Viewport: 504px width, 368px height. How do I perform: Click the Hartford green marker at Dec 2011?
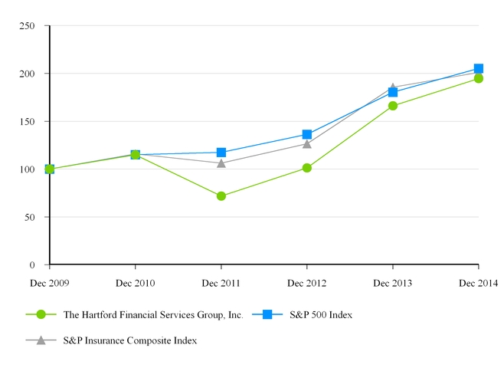(221, 196)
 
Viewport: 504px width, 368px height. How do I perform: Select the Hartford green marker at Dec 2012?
(307, 168)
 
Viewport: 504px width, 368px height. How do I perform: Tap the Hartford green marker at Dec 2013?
(393, 106)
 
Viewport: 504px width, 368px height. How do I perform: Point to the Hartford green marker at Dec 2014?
(479, 78)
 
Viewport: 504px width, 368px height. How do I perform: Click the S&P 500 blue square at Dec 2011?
(221, 153)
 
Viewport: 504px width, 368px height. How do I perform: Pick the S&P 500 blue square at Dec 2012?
(307, 135)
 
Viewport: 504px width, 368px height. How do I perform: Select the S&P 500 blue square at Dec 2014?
(479, 68)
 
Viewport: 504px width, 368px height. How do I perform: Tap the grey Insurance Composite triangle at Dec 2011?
(221, 163)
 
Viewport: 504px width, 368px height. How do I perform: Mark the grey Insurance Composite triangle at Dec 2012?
(307, 143)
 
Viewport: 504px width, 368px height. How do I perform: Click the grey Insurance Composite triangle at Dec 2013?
(393, 87)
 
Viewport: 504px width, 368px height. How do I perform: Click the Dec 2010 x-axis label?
(136, 284)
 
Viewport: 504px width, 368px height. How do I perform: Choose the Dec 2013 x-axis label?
(393, 284)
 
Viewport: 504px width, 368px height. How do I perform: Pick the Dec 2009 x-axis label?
(49, 284)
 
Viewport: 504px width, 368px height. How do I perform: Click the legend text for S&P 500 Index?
(322, 314)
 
